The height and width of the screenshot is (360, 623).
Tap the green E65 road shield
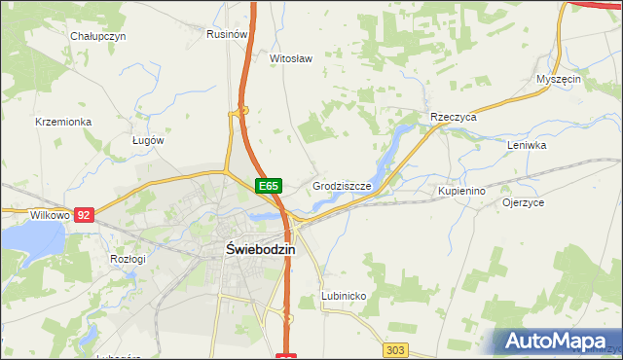tap(270, 185)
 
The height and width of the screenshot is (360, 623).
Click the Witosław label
tap(290, 58)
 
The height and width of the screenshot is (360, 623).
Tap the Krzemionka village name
tap(63, 122)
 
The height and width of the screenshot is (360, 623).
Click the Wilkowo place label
tap(22, 214)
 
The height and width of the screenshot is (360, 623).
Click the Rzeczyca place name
tap(453, 117)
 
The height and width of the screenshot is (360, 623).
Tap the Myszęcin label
tap(559, 79)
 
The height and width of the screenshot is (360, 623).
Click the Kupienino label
tap(461, 192)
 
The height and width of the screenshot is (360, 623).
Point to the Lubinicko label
tap(343, 295)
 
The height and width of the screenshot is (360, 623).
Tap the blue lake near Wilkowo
tap(29, 243)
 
